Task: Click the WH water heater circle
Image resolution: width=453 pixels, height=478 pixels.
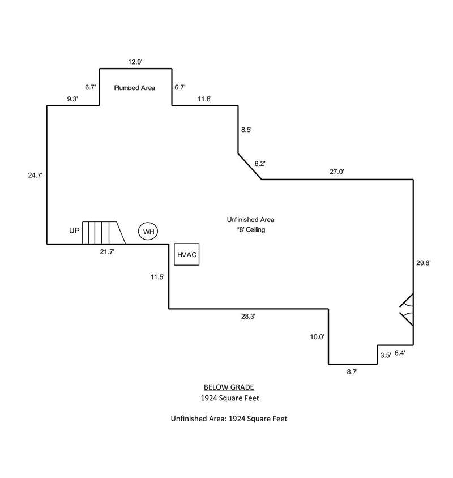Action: click(x=148, y=232)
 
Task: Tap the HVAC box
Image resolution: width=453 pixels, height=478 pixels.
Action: click(x=187, y=255)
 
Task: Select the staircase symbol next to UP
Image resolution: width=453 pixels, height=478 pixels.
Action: click(x=102, y=232)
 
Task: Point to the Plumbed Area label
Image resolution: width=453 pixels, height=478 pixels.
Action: click(x=135, y=88)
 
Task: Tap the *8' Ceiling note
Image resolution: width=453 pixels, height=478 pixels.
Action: click(x=251, y=231)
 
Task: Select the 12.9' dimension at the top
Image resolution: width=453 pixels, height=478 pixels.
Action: click(x=136, y=61)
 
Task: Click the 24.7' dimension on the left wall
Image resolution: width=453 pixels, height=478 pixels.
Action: click(x=35, y=176)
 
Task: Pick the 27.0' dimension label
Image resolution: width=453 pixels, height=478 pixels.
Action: click(x=337, y=171)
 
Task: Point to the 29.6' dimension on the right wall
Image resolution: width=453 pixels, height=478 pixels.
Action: click(x=424, y=263)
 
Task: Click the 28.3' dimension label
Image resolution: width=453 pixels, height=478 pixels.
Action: click(x=248, y=317)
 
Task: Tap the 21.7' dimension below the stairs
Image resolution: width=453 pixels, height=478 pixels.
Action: click(x=108, y=251)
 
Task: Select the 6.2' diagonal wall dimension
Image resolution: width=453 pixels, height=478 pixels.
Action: click(x=260, y=163)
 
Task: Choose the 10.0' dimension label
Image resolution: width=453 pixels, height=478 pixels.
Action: click(x=317, y=336)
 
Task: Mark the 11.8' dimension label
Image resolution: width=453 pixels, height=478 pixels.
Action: click(x=204, y=99)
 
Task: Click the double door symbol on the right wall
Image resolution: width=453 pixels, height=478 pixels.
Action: click(x=407, y=310)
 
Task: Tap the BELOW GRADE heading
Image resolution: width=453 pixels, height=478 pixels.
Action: click(x=229, y=387)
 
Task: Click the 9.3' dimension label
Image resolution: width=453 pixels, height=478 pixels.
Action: click(x=72, y=99)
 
